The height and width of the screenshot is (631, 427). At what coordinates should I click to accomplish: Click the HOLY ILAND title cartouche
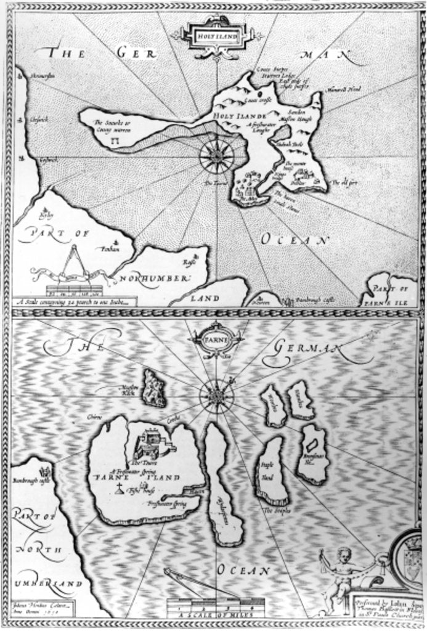(216, 36)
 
